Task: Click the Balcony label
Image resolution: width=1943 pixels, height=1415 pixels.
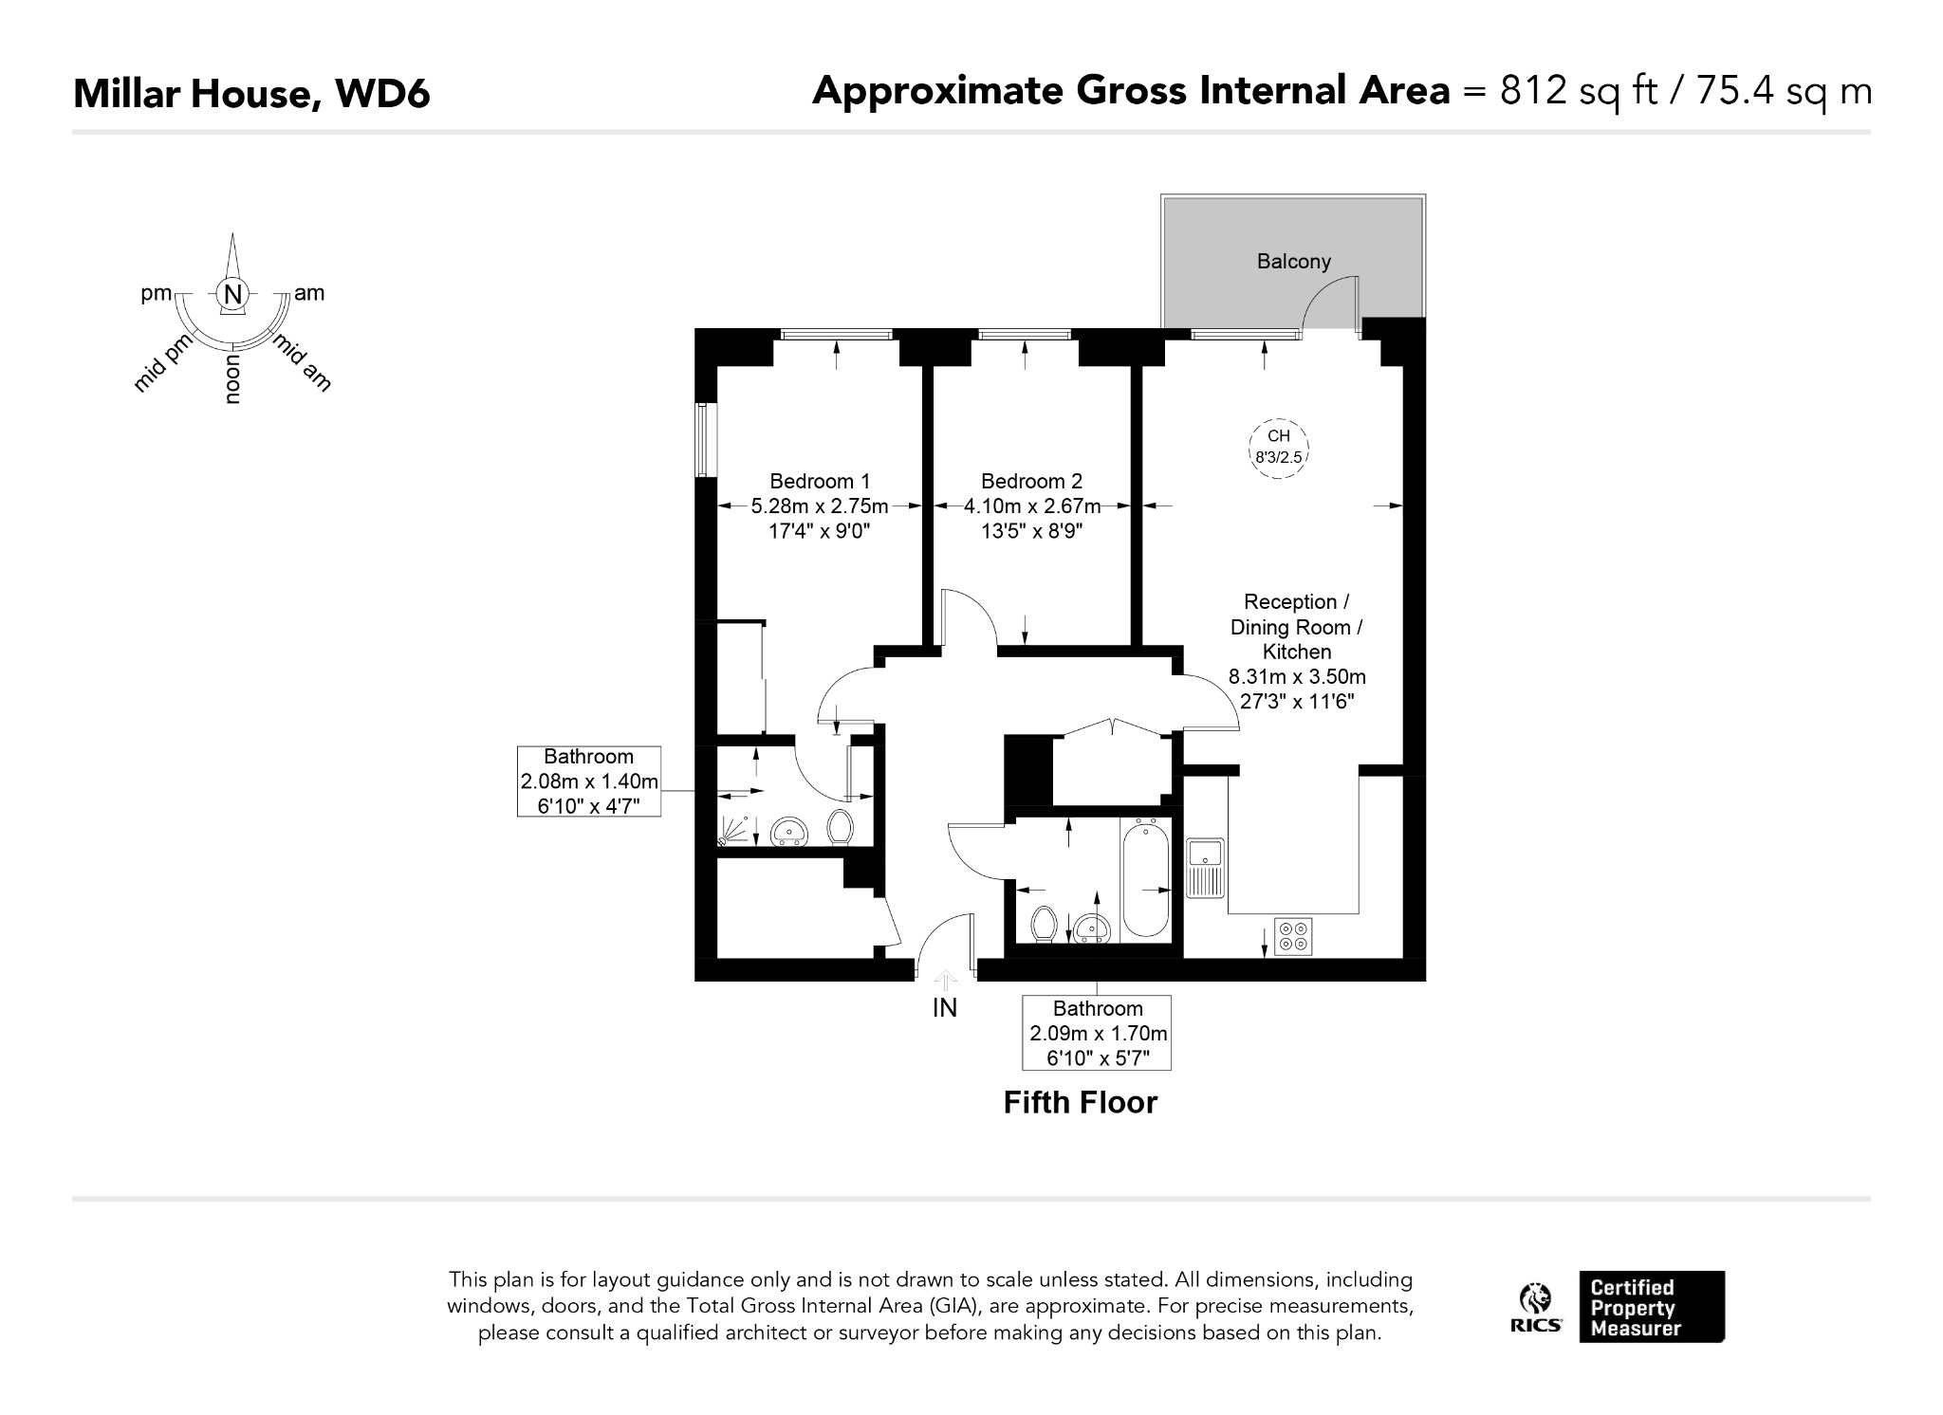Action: (1293, 261)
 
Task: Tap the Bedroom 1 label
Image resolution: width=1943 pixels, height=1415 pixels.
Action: (820, 481)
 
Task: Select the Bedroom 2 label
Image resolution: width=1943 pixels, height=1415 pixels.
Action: (1031, 481)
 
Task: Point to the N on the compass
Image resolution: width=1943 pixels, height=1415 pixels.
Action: (233, 294)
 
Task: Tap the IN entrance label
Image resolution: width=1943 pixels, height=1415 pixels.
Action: (945, 1008)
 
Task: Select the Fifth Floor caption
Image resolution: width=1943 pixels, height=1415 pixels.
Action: (1081, 1102)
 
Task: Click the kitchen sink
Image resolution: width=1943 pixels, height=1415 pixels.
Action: (1206, 868)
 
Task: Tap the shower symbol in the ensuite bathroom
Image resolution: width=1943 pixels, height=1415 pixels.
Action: (732, 832)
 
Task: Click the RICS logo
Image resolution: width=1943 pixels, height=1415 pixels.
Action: (1537, 1308)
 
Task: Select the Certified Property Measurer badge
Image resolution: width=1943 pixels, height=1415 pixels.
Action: (1652, 1307)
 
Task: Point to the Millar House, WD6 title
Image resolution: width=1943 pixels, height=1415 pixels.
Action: (251, 94)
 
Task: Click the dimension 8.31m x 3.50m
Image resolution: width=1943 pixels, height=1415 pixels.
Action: (1297, 677)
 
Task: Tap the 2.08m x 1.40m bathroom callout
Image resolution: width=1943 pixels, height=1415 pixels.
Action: (588, 781)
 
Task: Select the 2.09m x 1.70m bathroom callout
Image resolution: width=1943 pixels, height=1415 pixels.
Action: (1098, 1033)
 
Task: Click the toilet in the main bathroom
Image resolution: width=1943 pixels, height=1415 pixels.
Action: (1045, 924)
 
